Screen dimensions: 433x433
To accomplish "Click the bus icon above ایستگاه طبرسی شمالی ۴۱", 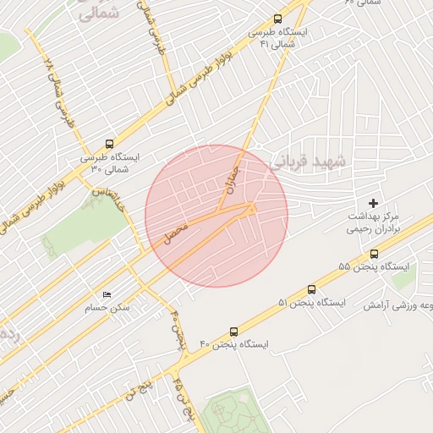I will click(278, 19).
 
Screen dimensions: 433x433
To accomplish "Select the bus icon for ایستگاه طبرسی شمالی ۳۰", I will click(108, 144).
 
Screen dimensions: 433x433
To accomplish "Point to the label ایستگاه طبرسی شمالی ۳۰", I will click(112, 162).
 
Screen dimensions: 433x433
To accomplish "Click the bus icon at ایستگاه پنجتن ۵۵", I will click(374, 253).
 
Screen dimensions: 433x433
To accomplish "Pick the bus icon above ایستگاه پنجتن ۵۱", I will click(312, 289).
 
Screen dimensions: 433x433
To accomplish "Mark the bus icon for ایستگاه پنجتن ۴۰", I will click(233, 331).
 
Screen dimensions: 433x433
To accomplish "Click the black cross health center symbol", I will click(373, 203).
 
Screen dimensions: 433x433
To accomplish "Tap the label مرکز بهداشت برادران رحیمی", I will click(376, 222).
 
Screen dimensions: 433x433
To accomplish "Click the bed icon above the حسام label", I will click(107, 293).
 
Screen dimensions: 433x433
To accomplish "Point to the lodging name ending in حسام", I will click(112, 307).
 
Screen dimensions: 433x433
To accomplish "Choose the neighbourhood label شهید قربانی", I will click(305, 160).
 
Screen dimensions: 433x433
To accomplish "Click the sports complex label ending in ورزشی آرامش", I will click(399, 304).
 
